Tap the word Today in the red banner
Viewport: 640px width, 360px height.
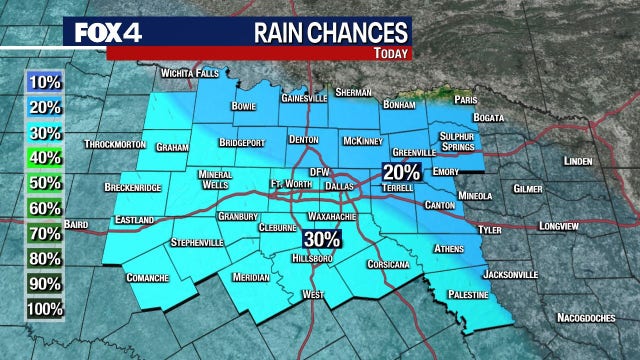point(395,53)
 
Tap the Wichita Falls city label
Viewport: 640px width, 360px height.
point(189,74)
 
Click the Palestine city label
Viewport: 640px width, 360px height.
point(468,296)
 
